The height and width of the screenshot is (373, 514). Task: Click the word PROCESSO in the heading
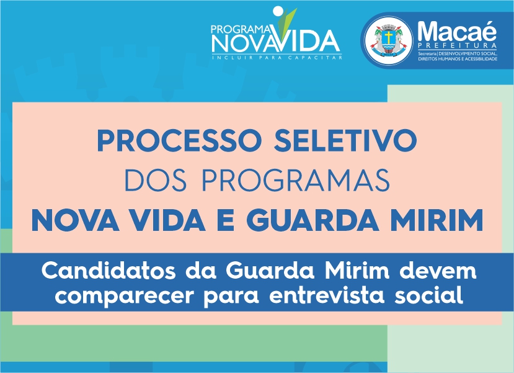(179, 140)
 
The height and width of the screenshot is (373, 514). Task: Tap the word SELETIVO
(345, 140)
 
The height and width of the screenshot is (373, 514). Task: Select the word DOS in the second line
(156, 180)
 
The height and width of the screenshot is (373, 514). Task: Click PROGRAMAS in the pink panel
(296, 180)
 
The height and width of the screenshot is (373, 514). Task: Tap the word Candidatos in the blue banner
(109, 271)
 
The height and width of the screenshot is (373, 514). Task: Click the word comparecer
(125, 296)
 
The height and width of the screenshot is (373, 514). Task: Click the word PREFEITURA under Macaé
(458, 45)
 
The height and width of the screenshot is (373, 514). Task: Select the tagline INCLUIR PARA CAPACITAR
(277, 58)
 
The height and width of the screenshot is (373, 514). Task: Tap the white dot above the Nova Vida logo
(278, 11)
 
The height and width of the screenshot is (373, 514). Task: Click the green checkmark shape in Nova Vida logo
(286, 20)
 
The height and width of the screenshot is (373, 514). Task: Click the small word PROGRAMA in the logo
(241, 30)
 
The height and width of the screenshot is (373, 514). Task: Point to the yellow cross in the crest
(389, 37)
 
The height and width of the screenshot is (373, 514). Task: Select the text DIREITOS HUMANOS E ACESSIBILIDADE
(458, 59)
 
